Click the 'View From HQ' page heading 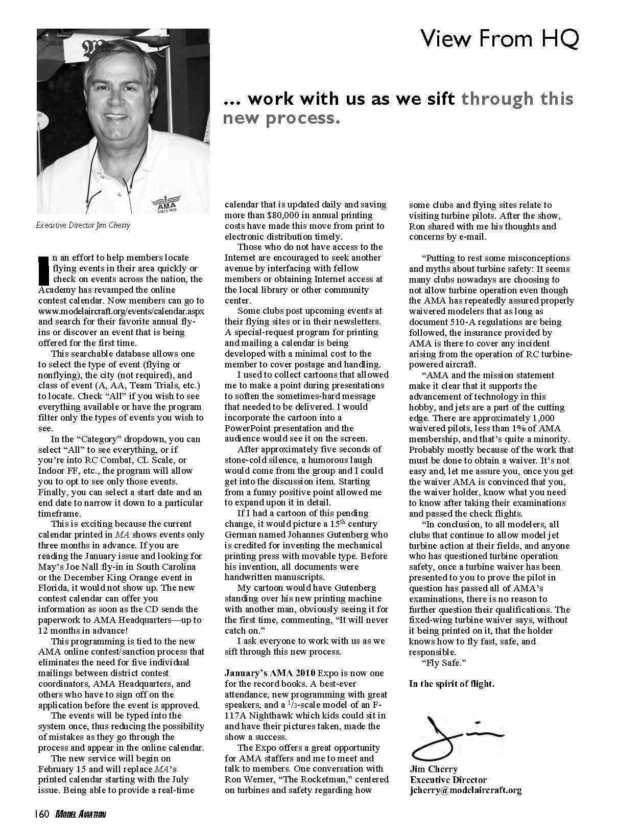(x=499, y=39)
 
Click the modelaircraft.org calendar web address (x=121, y=311)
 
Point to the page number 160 (x=42, y=815)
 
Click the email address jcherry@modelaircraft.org (x=465, y=790)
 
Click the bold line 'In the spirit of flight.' (x=451, y=684)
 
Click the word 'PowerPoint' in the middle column (x=248, y=428)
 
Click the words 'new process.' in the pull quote (x=281, y=118)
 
